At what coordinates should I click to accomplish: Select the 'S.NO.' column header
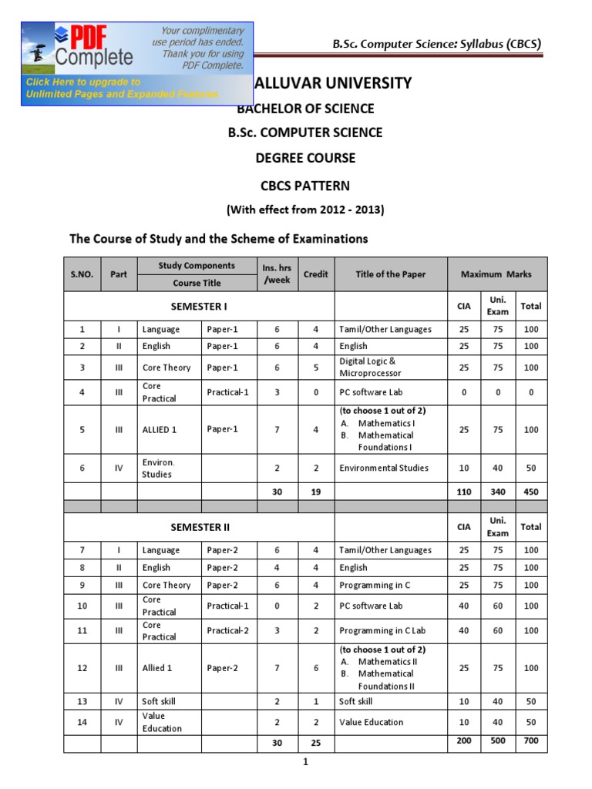coord(82,274)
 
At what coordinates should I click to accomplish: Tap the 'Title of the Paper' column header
coord(391,274)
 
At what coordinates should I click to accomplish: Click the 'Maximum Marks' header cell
coord(496,274)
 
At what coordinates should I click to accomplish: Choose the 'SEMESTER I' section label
coord(199,306)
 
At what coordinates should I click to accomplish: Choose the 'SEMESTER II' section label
coord(199,527)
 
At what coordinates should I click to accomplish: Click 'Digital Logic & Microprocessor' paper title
coord(371,368)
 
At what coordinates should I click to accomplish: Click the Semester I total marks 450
coord(531,492)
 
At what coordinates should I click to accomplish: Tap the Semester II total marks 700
coord(531,740)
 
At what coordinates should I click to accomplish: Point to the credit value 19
coord(316,492)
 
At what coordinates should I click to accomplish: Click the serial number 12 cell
coord(82,668)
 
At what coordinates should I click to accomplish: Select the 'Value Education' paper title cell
coord(371,722)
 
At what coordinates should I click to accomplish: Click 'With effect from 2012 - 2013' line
coord(304,210)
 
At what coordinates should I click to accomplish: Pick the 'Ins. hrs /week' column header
coord(277,274)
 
